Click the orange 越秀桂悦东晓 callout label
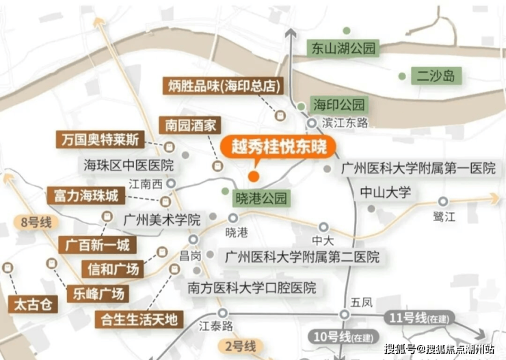pos(278,147)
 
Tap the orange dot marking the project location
pos(254,177)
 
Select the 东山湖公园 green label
pos(343,49)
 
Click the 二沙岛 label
pos(436,76)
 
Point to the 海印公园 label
pos(339,105)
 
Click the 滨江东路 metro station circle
pos(312,123)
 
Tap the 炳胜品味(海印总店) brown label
pos(223,86)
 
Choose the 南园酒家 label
pos(190,125)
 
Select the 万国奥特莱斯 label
pos(100,140)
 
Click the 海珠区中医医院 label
pos(129,166)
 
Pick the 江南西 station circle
pos(171,183)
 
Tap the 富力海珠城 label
pos(86,196)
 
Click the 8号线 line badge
pos(36,222)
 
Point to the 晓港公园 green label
pos(261,198)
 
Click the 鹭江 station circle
pos(443,202)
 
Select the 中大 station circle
pos(323,227)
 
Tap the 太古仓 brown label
pos(33,304)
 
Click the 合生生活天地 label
pos(139,320)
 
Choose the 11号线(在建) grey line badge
pos(419,318)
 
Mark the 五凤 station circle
pos(345,314)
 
